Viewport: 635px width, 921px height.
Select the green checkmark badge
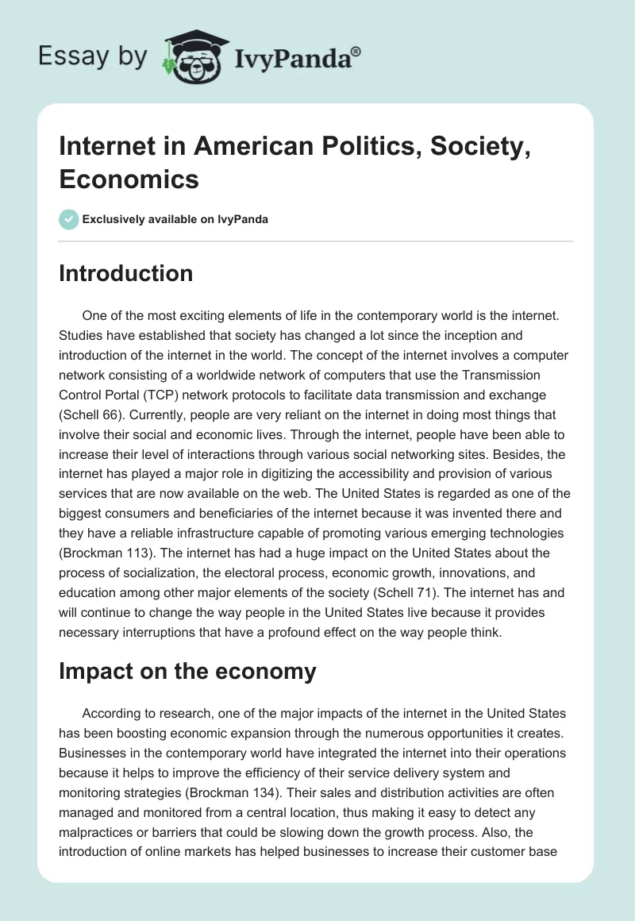pos(69,219)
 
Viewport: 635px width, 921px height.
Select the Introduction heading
pos(126,273)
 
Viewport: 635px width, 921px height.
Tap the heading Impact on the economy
pos(187,671)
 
